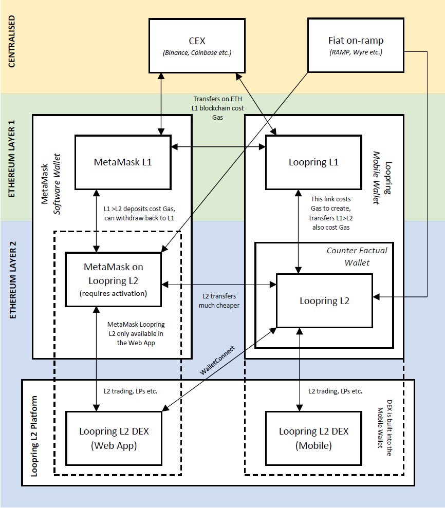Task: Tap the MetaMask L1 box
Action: click(122, 162)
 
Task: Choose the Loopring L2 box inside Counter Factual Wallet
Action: click(324, 301)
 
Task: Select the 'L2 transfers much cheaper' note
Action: click(219, 302)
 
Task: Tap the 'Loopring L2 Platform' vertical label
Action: click(34, 437)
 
